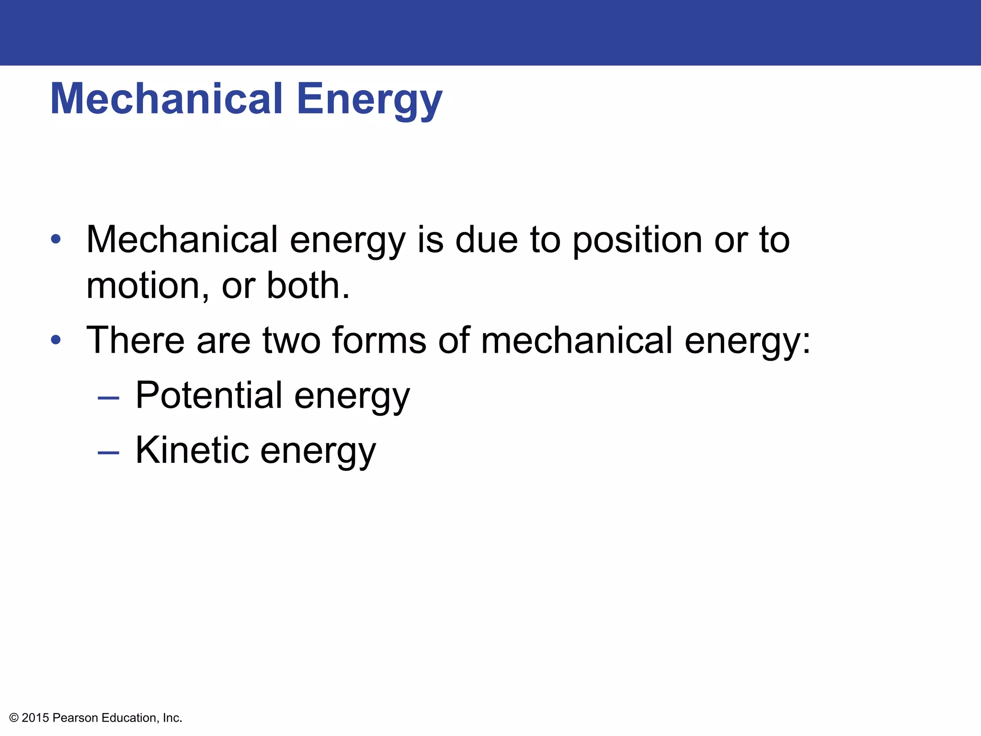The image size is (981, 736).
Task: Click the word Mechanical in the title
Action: tap(166, 99)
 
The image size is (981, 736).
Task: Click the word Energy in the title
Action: tap(369, 99)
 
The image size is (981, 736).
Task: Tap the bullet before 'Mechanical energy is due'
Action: tap(56, 239)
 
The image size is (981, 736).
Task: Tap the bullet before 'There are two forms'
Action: tap(56, 339)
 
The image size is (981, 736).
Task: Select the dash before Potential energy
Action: tap(108, 398)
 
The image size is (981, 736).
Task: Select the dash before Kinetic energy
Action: tap(108, 452)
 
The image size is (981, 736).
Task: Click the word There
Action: tap(136, 340)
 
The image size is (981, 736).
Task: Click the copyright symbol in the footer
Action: tap(14, 718)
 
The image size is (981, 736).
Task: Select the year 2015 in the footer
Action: tap(35, 718)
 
